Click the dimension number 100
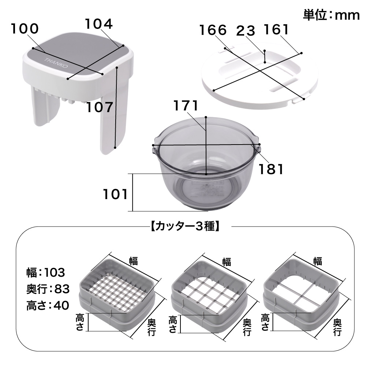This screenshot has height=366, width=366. tap(24, 29)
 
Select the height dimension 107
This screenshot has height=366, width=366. tap(99, 108)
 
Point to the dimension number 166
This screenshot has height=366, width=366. tap(213, 30)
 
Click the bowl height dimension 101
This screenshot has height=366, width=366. tap(115, 194)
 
